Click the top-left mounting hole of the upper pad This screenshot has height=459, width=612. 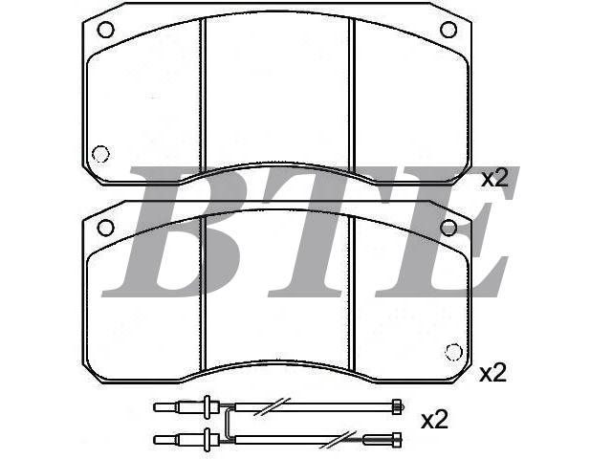(105, 30)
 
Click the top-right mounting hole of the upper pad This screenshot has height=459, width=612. (448, 30)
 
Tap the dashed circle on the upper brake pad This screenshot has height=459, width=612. (100, 154)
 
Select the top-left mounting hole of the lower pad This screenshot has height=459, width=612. (105, 228)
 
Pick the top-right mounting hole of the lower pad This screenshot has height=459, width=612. (448, 228)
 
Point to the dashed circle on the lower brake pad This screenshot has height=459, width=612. (453, 352)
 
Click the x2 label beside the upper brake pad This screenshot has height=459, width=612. (494, 178)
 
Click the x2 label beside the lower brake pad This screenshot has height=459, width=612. (493, 373)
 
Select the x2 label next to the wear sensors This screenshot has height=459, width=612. (434, 420)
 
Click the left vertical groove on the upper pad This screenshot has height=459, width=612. (203, 96)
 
